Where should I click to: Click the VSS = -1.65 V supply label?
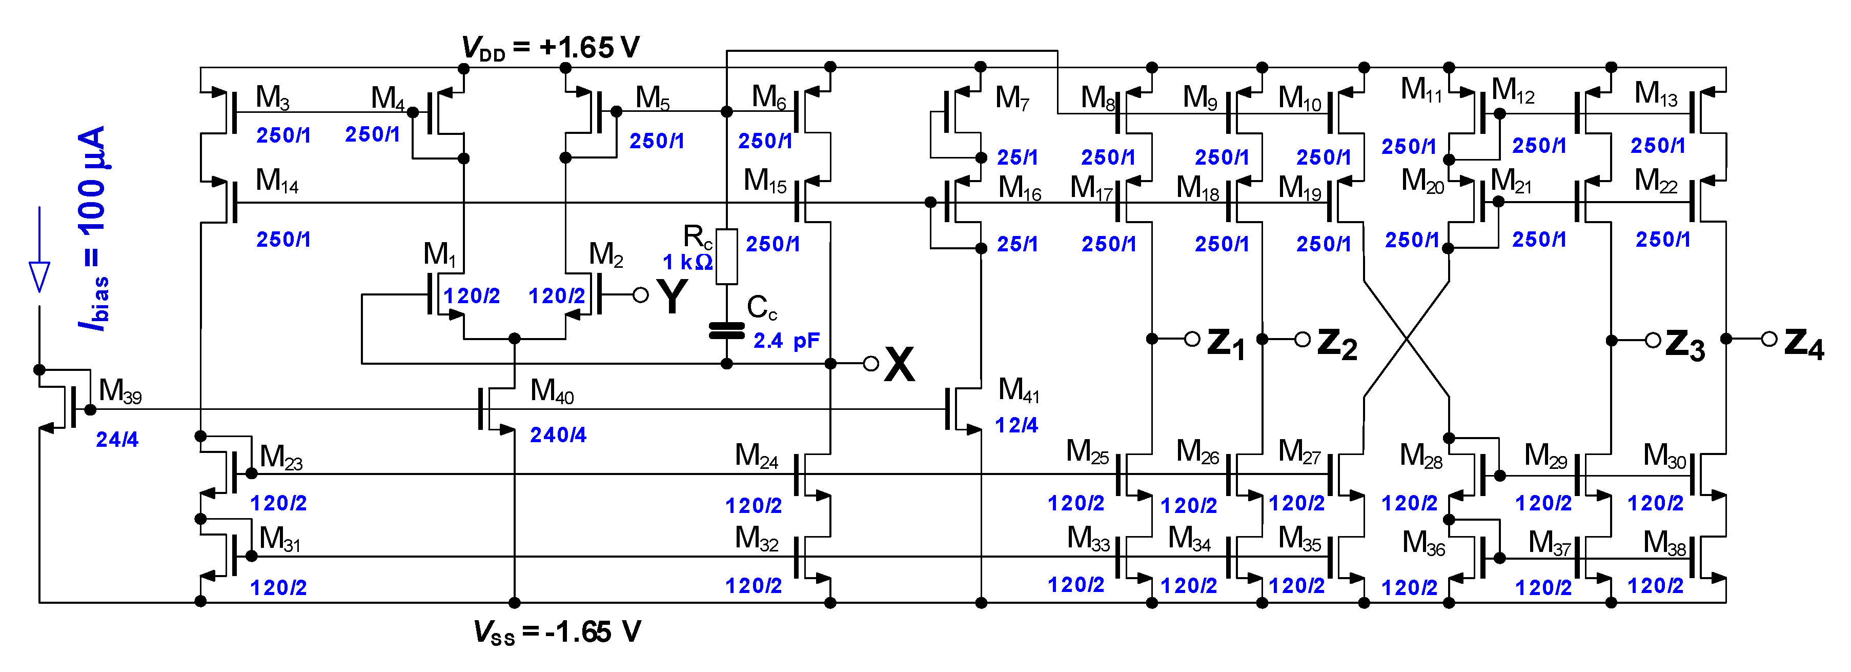point(557,632)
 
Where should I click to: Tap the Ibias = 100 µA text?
point(93,229)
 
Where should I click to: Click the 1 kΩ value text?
point(687,262)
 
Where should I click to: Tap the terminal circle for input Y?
point(640,294)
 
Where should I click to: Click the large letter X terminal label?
point(899,364)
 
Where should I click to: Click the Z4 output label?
point(1803,344)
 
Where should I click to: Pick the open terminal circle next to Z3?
point(1653,339)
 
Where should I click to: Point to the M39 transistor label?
point(120,391)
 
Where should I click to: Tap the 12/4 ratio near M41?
point(1016,425)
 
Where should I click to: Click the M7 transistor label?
point(1012,98)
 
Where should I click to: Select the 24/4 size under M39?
point(117,439)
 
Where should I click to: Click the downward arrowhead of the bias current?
point(39,276)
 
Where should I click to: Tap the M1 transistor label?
point(440,254)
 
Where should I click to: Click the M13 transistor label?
point(1656,93)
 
